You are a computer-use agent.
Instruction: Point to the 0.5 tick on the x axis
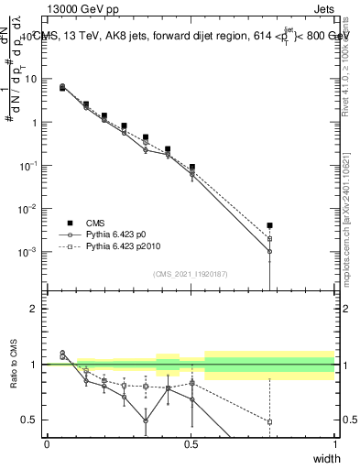pyautogui.click(x=191, y=444)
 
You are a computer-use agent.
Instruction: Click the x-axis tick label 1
pyautogui.click(x=335, y=444)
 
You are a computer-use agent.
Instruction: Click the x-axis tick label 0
pyautogui.click(x=47, y=444)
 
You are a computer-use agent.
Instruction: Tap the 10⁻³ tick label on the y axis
pyautogui.click(x=29, y=252)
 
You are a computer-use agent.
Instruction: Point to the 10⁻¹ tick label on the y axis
pyautogui.click(x=29, y=166)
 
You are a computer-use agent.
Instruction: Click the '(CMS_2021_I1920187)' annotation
pyautogui.click(x=190, y=274)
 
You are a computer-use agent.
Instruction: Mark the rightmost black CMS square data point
pyautogui.click(x=269, y=225)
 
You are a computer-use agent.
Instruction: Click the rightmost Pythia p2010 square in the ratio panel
pyautogui.click(x=269, y=421)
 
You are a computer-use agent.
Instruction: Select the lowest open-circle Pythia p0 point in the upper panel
pyautogui.click(x=269, y=251)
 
